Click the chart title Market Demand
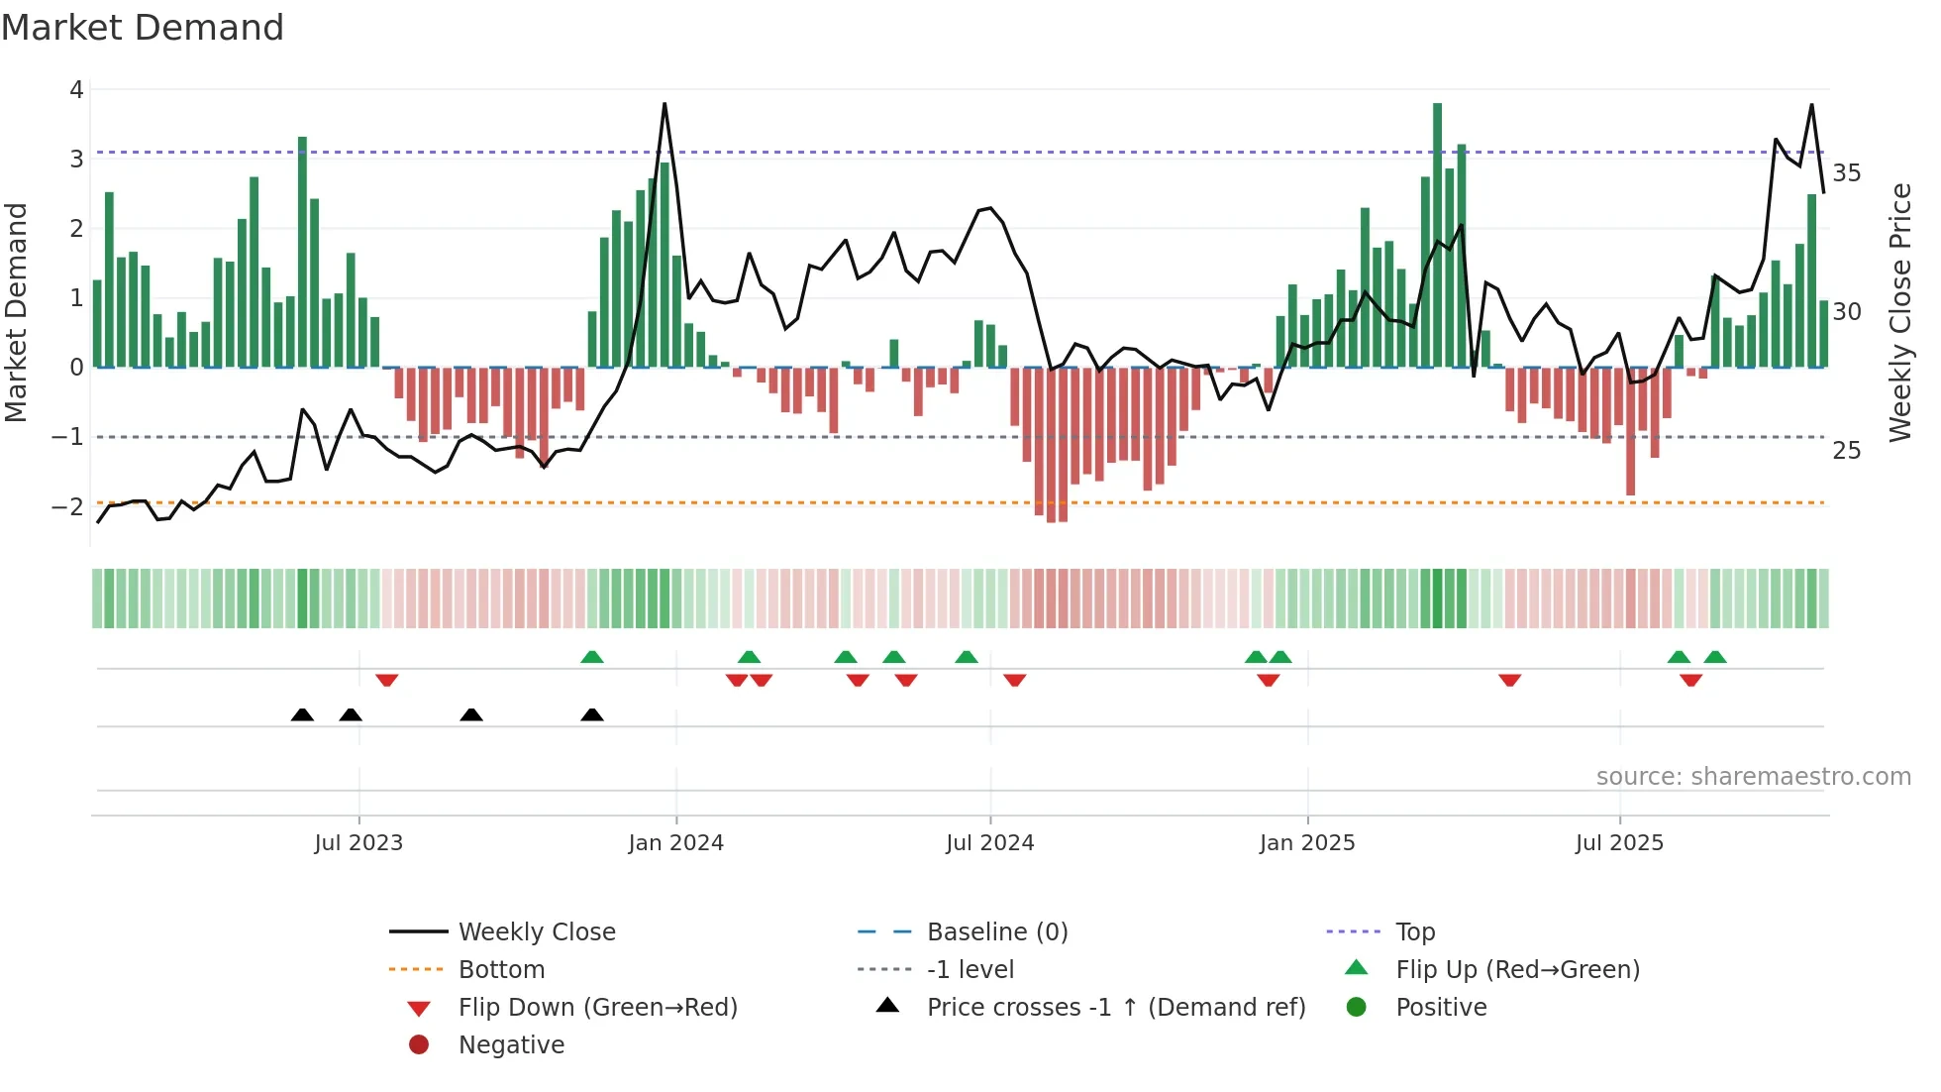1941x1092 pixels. (x=143, y=28)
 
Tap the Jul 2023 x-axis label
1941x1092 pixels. (x=358, y=843)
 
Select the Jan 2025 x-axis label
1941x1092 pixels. (x=1307, y=843)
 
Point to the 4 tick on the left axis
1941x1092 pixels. (x=76, y=90)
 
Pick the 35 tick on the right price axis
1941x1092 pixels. (x=1847, y=173)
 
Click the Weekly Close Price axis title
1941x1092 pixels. (x=1899, y=312)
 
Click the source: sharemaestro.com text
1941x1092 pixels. (x=1753, y=777)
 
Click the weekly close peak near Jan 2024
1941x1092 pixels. (x=664, y=104)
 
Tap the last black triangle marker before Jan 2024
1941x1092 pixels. (x=592, y=714)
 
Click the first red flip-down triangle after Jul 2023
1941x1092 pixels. (x=387, y=680)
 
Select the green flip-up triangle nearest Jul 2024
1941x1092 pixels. (x=967, y=657)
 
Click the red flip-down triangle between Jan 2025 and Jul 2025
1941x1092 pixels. (x=1509, y=680)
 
